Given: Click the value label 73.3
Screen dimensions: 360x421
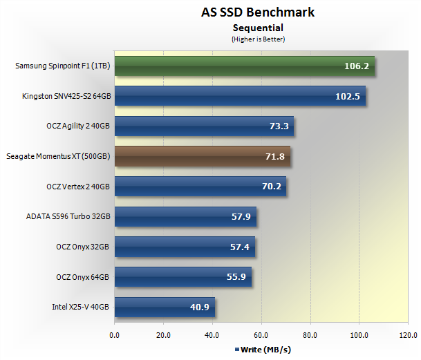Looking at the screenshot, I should [279, 126].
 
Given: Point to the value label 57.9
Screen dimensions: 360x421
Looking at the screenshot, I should [242, 217].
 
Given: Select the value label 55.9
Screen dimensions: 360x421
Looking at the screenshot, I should [237, 277].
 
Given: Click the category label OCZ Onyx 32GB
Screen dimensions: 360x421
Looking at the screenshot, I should [83, 247].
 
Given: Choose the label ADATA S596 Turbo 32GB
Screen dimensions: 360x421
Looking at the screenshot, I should [68, 217].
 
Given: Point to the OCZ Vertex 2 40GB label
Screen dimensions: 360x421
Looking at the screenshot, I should [78, 187].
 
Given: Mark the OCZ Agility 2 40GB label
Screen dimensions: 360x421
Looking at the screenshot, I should [78, 126].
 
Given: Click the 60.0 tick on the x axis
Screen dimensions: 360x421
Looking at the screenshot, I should [261, 337].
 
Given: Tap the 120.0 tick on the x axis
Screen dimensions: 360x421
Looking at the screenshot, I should [407, 337].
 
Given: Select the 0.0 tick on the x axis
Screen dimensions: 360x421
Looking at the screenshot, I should [115, 337].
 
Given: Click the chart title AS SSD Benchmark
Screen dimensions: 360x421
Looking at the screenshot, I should [258, 12].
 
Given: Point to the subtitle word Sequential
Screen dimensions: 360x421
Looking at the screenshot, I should [258, 28].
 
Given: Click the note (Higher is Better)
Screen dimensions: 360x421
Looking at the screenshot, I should [258, 39].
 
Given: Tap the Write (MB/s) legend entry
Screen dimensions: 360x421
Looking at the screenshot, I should [263, 350].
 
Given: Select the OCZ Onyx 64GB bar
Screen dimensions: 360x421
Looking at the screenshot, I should [181, 277].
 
